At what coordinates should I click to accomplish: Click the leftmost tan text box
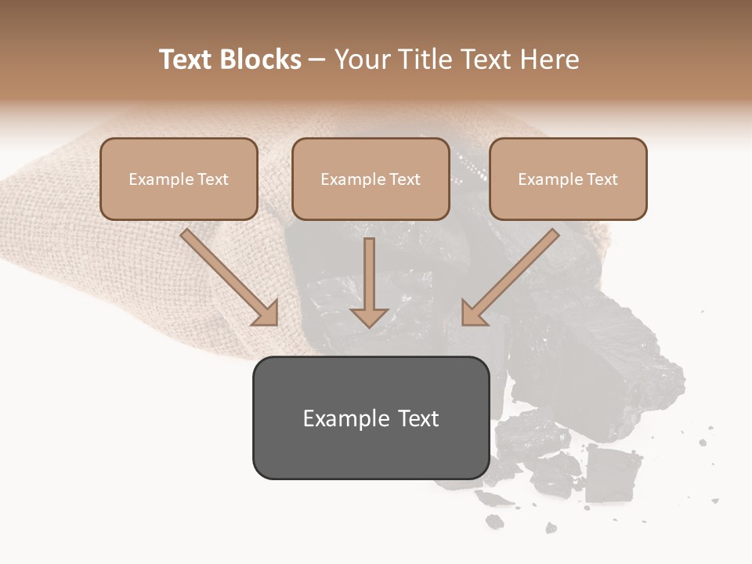[179, 179]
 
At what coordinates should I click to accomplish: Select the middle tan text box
[371, 179]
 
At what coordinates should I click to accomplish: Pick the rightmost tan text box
[568, 179]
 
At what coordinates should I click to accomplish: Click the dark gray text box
[371, 418]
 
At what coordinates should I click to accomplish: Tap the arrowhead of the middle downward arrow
[369, 316]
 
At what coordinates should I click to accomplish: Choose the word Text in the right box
[602, 179]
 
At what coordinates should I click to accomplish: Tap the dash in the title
[317, 60]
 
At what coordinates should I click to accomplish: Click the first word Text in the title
[186, 60]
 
